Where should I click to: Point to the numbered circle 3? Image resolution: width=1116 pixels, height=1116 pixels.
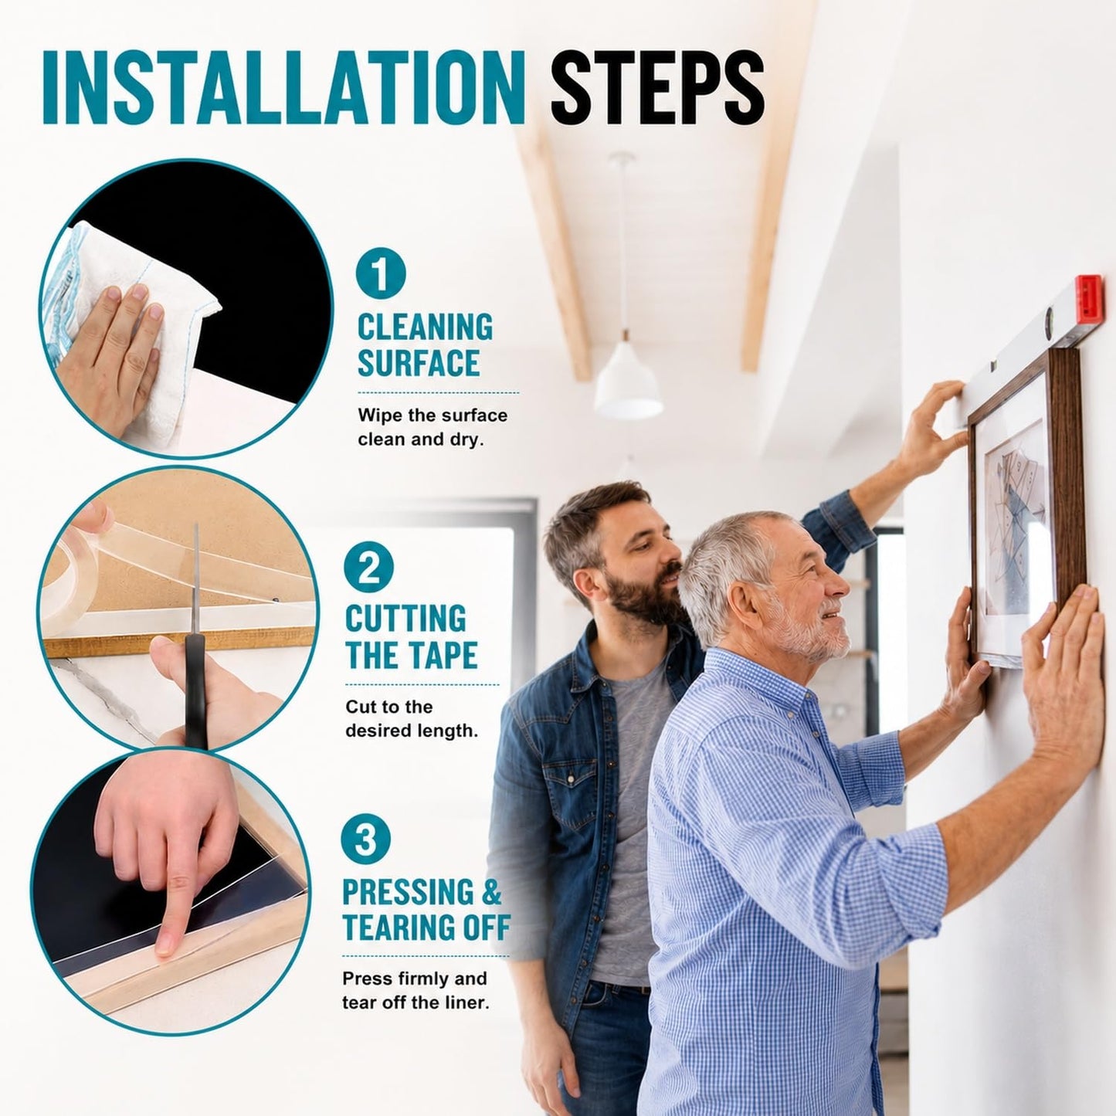click(365, 840)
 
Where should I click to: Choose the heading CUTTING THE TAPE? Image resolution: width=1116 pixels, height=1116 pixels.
click(411, 637)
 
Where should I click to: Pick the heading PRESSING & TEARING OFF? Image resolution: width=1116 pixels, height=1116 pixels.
click(426, 910)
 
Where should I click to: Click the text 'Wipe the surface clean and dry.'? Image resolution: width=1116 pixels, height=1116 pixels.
click(432, 427)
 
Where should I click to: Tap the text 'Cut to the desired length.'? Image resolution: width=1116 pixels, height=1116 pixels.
click(412, 719)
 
